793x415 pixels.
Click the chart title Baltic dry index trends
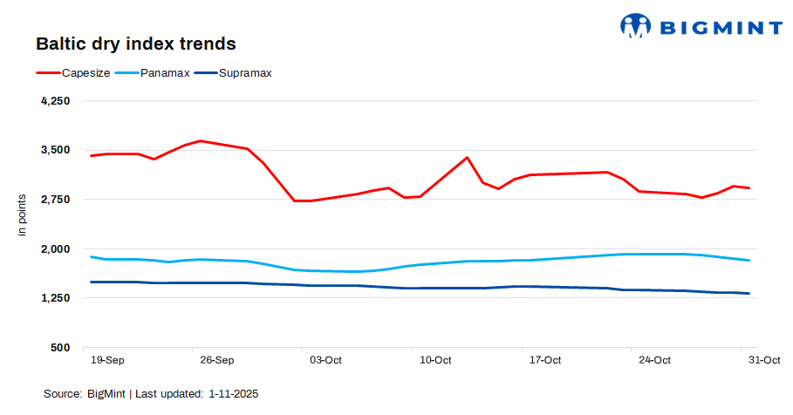pos(135,43)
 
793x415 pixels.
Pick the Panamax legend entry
pos(165,72)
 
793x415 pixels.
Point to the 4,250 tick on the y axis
pos(56,100)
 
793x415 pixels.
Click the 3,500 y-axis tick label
pos(56,150)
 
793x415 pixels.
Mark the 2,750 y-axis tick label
pos(56,200)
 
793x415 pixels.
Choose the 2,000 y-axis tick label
pos(56,248)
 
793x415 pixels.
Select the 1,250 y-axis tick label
pos(56,298)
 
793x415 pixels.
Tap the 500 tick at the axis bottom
pos(61,348)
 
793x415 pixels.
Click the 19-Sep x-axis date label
pos(107,360)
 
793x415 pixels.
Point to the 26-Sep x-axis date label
pos(217,360)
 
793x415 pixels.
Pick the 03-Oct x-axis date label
pos(326,360)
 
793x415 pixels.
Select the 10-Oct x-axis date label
pos(435,360)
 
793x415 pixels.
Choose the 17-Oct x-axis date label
pos(545,360)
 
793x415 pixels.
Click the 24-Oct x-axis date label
pos(654,360)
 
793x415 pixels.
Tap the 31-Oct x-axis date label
pos(764,360)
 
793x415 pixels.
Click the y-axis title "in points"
pos(23,214)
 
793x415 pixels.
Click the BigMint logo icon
pos(635,26)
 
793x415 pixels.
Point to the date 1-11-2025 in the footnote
pos(234,394)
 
